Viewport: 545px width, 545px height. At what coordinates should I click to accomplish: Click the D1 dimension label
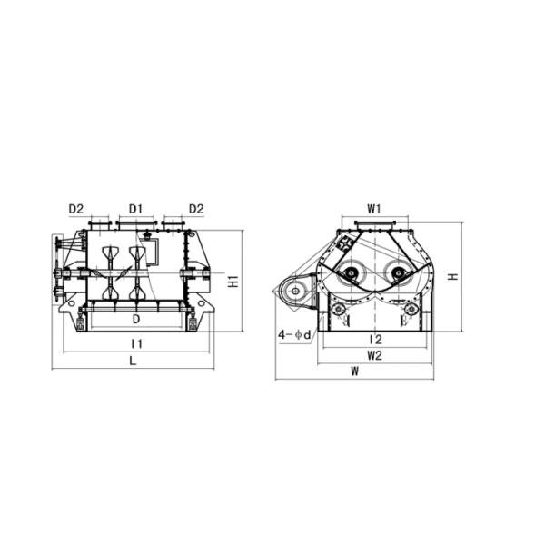(136, 209)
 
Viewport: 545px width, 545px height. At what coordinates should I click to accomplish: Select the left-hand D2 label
(76, 209)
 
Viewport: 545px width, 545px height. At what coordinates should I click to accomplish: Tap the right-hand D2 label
(196, 209)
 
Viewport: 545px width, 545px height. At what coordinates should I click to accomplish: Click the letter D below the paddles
(136, 319)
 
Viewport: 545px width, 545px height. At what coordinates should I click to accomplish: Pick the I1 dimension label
(137, 344)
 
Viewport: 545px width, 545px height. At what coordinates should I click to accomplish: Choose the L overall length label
(133, 362)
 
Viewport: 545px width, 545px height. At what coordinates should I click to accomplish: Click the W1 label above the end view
(374, 209)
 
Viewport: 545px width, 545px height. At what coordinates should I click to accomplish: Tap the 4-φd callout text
(294, 335)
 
